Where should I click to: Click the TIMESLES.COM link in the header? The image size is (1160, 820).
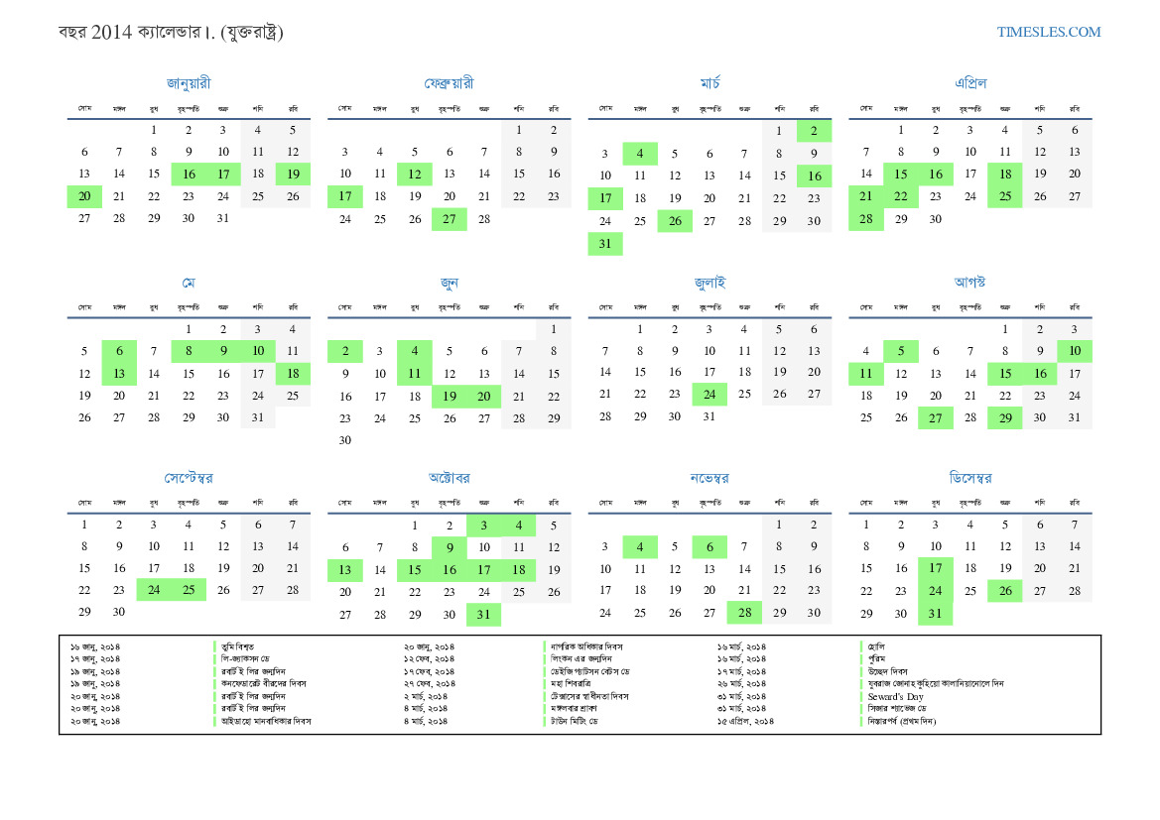[x=1049, y=32]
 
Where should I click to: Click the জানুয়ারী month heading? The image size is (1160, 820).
[x=189, y=83]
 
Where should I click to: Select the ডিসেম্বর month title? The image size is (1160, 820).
[x=969, y=478]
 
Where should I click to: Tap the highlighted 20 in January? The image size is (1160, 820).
[x=84, y=196]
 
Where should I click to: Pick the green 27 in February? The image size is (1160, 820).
[x=449, y=219]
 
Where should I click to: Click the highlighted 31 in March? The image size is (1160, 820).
[x=605, y=244]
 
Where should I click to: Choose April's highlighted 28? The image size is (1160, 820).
[x=865, y=219]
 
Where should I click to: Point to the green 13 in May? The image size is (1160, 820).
[x=119, y=374]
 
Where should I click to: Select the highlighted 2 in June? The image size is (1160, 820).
[x=345, y=351]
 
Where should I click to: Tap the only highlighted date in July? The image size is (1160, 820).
[x=709, y=394]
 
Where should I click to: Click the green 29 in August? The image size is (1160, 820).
[x=1004, y=417]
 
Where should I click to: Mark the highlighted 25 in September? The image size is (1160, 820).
[x=189, y=590]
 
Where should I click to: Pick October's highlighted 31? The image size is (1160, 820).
[x=483, y=615]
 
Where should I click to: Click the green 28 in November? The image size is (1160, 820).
[x=743, y=613]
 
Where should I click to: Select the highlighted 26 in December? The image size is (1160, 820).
[x=1004, y=591]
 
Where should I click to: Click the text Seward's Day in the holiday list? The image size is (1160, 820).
[x=895, y=696]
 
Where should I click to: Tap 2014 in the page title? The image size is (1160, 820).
[x=109, y=33]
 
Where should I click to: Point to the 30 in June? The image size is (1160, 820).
[x=345, y=440]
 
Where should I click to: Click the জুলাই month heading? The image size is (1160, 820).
[x=709, y=283]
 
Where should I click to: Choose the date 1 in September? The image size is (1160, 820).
[x=84, y=526]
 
